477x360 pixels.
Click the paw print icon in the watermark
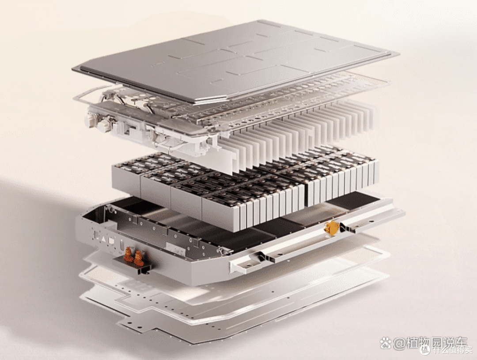386,343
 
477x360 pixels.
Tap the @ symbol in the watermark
399,344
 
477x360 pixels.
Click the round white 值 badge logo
425,349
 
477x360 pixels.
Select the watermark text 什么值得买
453,350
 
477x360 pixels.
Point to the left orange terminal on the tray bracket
129,255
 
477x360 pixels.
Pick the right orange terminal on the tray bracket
139,258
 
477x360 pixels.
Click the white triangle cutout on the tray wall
104,239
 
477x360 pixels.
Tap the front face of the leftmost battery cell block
126,182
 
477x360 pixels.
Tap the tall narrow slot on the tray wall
122,244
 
